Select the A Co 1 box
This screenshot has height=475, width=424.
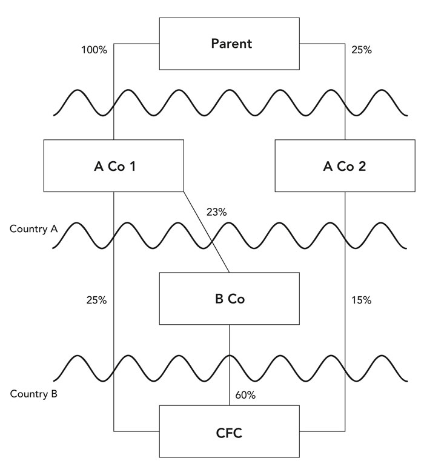[114, 166]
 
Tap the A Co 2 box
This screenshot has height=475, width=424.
[345, 166]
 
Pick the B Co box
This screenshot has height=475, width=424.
[229, 298]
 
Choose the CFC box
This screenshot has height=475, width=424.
[229, 432]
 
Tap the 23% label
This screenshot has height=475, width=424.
[216, 213]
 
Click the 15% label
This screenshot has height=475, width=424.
[362, 301]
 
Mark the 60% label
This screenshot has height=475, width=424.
[245, 395]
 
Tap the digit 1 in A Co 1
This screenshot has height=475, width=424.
[131, 167]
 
